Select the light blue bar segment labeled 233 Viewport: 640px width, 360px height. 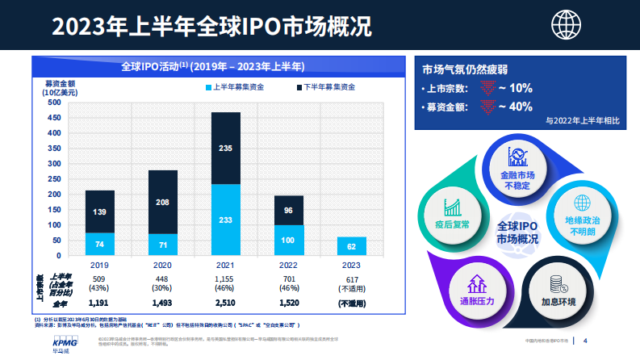click(x=226, y=220)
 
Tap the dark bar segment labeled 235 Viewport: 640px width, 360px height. click(x=226, y=148)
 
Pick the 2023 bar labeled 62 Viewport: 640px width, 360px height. click(x=351, y=246)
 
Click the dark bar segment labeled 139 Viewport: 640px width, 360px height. click(x=100, y=211)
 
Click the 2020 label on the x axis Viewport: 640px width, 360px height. click(x=163, y=264)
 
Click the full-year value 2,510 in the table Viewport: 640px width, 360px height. click(x=226, y=303)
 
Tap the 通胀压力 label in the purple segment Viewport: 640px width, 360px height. click(x=475, y=301)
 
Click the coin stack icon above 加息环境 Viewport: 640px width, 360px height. click(x=556, y=283)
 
